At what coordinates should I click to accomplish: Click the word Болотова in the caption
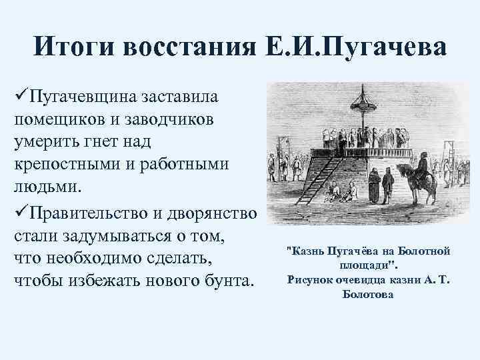[x=367, y=294]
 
